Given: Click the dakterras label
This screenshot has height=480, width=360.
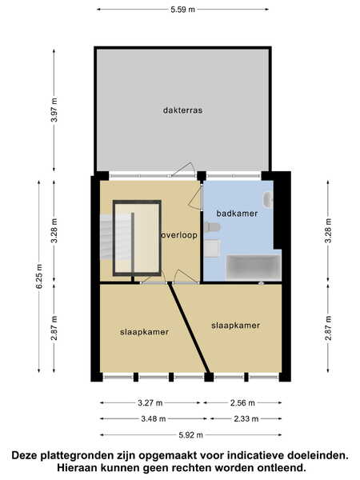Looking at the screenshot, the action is coord(182,110).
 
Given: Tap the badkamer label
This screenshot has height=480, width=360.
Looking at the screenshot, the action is coord(237,214).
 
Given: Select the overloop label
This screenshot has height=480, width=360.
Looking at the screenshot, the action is coord(179,235).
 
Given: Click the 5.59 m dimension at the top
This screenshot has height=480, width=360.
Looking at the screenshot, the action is coord(182,10).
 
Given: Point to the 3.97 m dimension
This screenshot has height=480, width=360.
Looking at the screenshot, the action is coord(54,110).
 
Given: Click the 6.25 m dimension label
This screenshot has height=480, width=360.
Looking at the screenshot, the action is coord(39,276).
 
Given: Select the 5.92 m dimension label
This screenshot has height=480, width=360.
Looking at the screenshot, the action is coord(190,435).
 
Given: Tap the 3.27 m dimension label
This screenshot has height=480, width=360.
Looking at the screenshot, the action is coord(150,403).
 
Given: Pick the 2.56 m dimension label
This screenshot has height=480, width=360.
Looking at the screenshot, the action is coord(242,403).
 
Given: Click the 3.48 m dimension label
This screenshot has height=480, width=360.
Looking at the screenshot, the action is coord(154,418).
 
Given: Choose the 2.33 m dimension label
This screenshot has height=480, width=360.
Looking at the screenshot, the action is coord(246,418).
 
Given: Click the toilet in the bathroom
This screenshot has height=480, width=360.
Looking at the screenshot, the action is coord(212,227).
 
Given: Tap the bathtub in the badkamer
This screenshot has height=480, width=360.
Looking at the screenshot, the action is coord(254,267).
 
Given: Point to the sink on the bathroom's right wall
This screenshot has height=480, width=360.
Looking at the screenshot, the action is coord(268,199).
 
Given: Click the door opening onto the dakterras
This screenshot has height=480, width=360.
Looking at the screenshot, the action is coord(183,170).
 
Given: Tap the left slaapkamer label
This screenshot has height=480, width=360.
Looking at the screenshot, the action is coord(144,332).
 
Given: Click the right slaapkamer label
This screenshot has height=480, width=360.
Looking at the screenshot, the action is coord(235,325).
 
